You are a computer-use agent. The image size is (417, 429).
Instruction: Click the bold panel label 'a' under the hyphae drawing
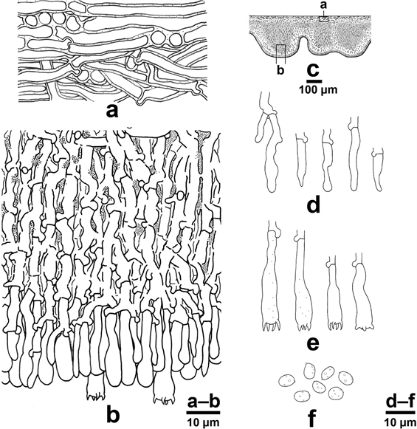[x=112, y=111]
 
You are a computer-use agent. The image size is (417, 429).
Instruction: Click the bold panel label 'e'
[x=313, y=345]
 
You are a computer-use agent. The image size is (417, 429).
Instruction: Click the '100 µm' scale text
[x=318, y=89]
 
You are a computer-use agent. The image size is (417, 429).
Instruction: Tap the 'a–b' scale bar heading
[x=204, y=402]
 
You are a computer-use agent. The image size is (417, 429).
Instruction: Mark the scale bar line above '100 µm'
[x=314, y=81]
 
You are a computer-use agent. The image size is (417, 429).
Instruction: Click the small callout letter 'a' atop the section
[x=323, y=5]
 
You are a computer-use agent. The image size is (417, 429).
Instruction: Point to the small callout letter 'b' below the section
[x=280, y=70]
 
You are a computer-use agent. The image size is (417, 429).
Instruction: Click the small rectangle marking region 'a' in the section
[x=324, y=19]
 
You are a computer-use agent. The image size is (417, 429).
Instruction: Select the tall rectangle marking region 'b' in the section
[x=280, y=54]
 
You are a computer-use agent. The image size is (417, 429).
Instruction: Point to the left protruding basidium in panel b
[x=96, y=388]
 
